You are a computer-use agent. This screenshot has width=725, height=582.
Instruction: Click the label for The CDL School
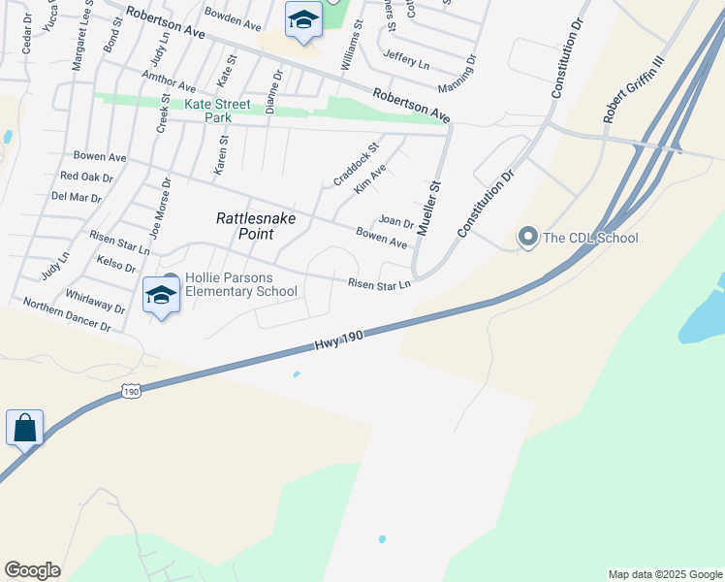[x=590, y=238]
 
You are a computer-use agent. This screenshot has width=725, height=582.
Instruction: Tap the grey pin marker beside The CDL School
[x=528, y=237]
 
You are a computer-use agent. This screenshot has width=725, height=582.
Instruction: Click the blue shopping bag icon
[x=24, y=428]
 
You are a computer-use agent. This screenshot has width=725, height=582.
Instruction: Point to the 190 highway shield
[x=132, y=390]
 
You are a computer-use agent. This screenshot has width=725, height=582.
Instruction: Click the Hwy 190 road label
[x=338, y=340]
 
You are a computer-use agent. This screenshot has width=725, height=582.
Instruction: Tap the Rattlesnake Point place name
[x=256, y=226]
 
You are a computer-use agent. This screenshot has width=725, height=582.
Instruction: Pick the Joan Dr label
[x=396, y=222]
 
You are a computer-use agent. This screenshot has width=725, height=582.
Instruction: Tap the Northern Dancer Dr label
[x=67, y=315]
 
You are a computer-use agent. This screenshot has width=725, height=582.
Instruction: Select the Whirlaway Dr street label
[x=95, y=301]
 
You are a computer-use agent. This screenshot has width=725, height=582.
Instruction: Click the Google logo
[x=32, y=570]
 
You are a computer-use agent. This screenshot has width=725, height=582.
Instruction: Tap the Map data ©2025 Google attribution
[x=665, y=574]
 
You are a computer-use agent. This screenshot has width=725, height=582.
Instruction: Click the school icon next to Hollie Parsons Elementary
[x=161, y=295]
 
